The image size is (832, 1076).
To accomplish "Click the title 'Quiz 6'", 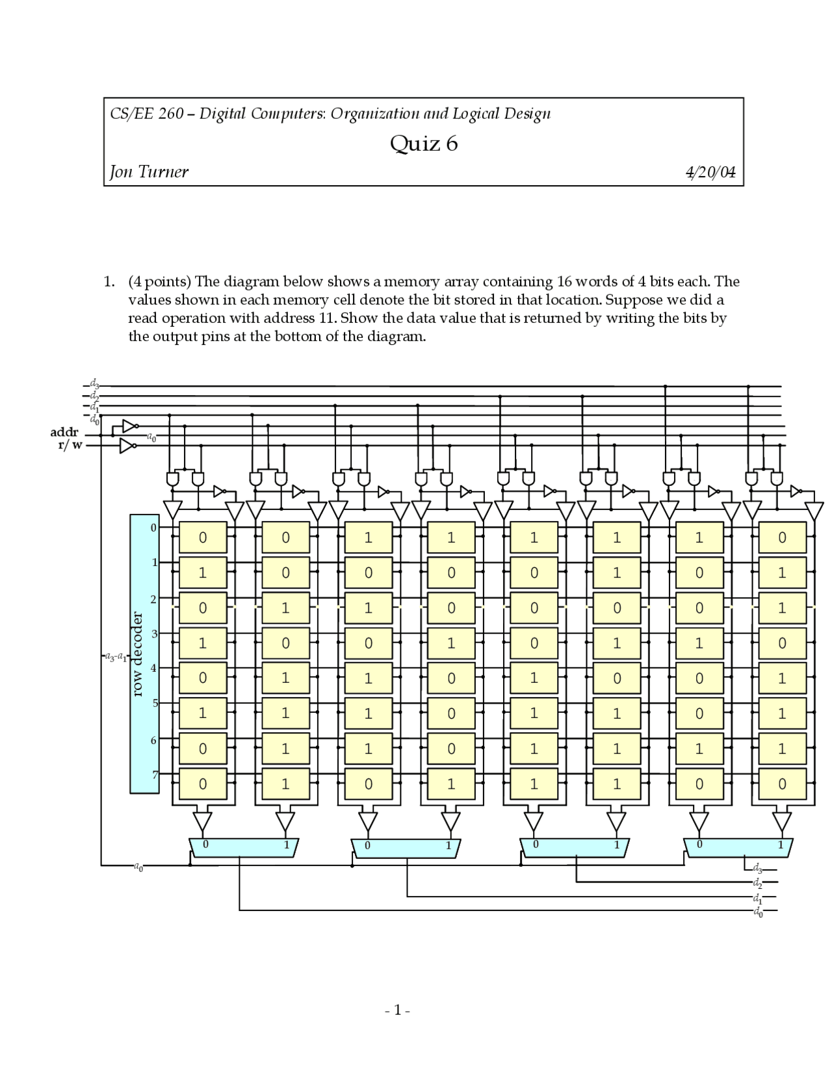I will tap(423, 143).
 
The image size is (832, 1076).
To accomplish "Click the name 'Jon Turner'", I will tap(149, 172).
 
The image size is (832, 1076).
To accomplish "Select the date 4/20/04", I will tap(710, 173).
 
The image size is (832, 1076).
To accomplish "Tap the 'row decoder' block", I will tap(144, 654).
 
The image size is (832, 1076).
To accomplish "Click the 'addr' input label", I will tap(64, 432).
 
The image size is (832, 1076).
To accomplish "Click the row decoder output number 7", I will tap(155, 775).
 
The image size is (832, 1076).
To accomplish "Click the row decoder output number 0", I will tap(154, 528).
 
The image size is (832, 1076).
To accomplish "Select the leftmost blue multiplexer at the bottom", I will tap(244, 847).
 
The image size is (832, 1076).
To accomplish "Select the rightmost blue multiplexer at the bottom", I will tap(738, 847).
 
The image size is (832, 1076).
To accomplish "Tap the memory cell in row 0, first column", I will tap(203, 538).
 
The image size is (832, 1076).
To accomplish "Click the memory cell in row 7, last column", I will tap(782, 784).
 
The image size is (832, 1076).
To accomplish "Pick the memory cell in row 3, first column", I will tap(203, 643).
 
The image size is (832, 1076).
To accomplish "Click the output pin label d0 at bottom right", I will tap(758, 912).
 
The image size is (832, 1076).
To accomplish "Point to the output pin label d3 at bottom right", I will tap(758, 868).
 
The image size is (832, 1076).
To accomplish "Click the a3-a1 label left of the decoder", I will tap(116, 656).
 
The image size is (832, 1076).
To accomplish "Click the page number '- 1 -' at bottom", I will tap(398, 1010).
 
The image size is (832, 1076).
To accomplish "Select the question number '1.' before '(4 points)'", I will tap(109, 281).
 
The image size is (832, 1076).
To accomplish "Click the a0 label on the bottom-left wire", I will tap(138, 866).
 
